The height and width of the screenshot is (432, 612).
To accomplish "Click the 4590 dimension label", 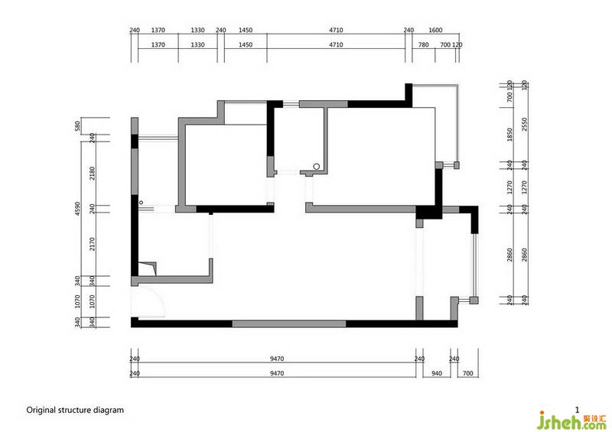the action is [x=77, y=209].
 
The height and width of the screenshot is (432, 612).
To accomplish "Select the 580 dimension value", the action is [x=77, y=125].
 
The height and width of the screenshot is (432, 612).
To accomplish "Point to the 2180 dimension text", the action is [x=92, y=174].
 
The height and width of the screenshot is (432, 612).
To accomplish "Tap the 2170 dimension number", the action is [x=92, y=244].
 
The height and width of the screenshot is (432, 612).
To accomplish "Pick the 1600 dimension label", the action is [x=435, y=30].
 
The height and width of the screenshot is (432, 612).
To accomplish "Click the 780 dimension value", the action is [x=424, y=45].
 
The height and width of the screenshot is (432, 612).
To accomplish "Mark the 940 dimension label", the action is [x=437, y=373].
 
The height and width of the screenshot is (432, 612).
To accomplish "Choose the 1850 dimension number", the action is [x=509, y=135].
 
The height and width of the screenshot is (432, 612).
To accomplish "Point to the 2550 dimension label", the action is [x=524, y=124].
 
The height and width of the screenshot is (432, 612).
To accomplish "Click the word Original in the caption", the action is [x=41, y=410].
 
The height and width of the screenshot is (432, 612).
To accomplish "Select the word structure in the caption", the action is [x=75, y=410].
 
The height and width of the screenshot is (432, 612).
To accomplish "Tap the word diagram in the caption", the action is [x=109, y=411].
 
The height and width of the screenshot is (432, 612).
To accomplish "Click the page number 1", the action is [x=578, y=410].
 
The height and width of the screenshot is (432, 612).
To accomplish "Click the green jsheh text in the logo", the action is [x=558, y=421].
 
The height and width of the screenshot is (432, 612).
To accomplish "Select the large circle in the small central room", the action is [x=317, y=167].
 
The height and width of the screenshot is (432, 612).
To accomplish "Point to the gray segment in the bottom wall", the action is [x=289, y=324].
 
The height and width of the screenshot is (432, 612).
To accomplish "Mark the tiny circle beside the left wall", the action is [x=142, y=203].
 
